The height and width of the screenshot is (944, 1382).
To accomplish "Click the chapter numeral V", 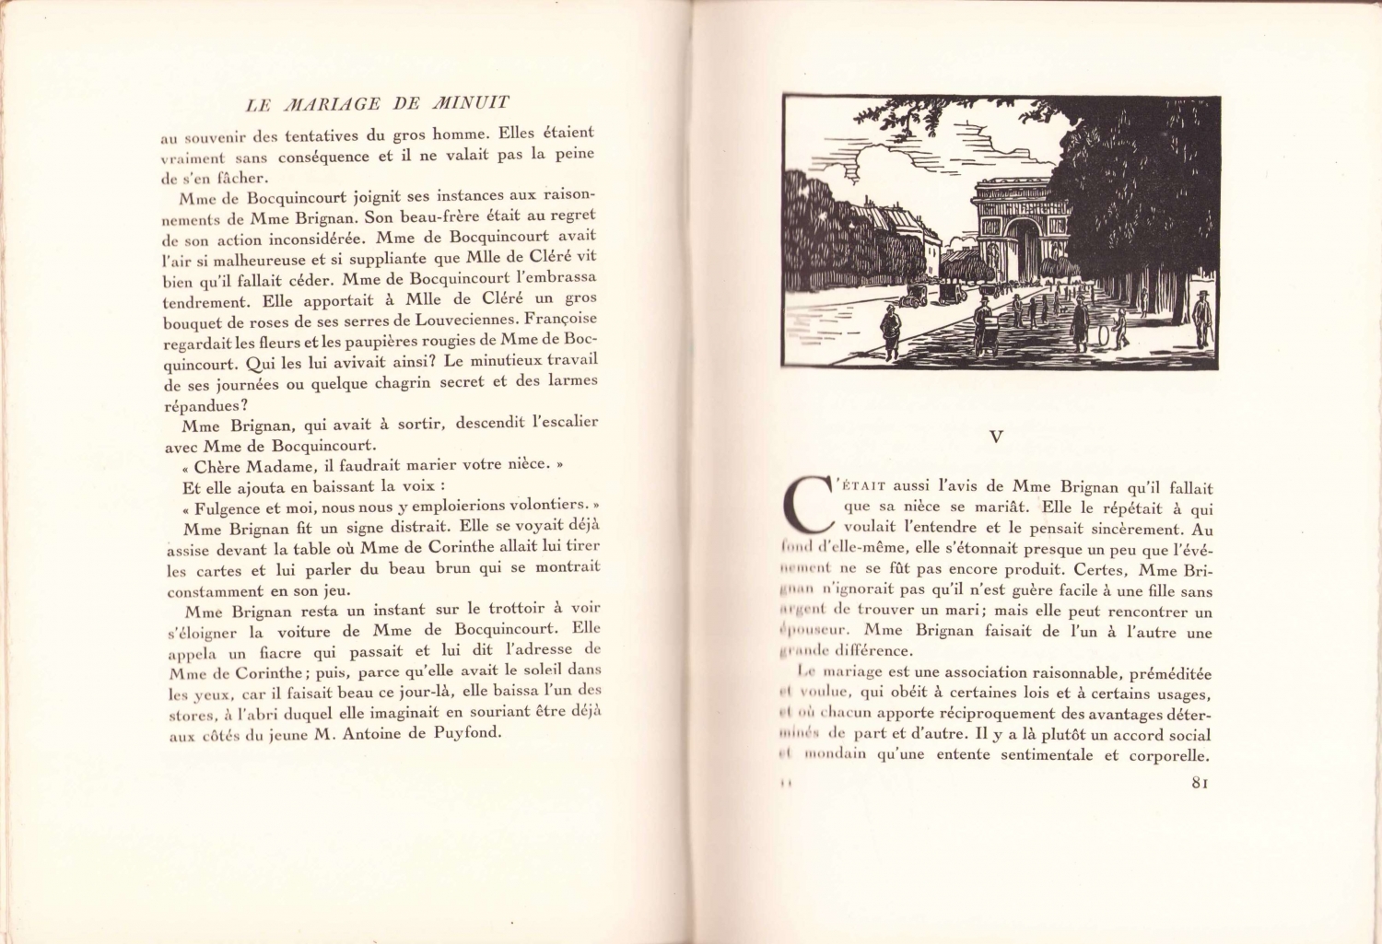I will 995,437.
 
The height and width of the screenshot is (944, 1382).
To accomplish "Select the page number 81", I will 1199,783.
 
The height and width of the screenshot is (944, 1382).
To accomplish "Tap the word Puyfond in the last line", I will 466,733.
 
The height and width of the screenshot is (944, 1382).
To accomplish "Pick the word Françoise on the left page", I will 561,319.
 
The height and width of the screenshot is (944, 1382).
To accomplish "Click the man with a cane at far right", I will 1201,318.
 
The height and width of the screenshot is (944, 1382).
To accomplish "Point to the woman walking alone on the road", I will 891,332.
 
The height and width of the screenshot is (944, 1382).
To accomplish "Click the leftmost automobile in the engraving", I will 916,294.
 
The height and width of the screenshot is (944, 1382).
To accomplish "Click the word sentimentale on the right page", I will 1045,755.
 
